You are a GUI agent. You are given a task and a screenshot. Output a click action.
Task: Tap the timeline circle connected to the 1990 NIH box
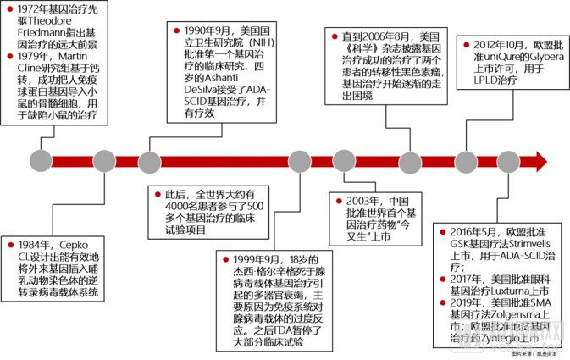150,160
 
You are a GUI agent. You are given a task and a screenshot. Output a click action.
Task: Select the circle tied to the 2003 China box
344,160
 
